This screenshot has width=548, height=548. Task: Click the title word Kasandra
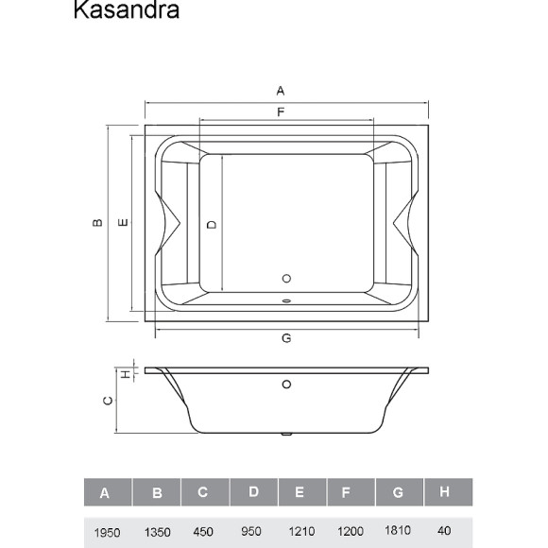click(126, 11)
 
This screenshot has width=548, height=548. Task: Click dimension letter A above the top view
click(281, 92)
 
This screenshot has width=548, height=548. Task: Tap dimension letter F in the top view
click(281, 112)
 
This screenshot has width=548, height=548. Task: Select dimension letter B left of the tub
click(97, 223)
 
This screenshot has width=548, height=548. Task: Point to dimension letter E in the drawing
click(122, 223)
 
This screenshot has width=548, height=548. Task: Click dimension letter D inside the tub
click(213, 224)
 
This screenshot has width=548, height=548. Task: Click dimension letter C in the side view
click(109, 401)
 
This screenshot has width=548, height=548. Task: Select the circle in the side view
click(286, 385)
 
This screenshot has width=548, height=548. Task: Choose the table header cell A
click(105, 493)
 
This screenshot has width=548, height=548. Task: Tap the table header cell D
click(253, 492)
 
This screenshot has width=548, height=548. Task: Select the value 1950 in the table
click(105, 532)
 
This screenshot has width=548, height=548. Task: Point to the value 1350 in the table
click(154, 532)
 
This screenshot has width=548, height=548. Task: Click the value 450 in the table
click(203, 532)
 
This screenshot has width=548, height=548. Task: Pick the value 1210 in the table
click(301, 532)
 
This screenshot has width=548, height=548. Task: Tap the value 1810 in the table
click(398, 532)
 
